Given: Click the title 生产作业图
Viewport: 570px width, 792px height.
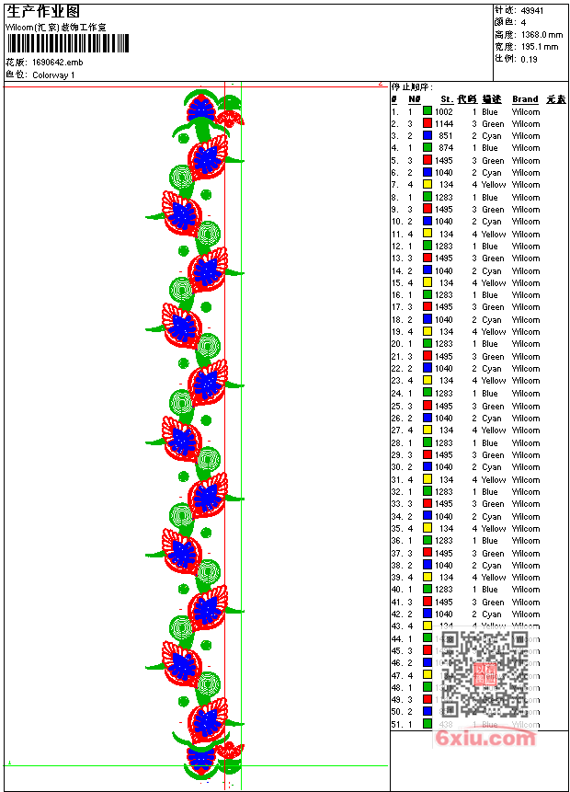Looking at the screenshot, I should (43, 11).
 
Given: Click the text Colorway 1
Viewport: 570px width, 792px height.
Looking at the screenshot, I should (53, 75).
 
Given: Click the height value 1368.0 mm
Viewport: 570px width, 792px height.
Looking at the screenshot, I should (541, 34).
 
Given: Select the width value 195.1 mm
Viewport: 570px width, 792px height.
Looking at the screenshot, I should (539, 46).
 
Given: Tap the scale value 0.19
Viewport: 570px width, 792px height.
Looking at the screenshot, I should (529, 59).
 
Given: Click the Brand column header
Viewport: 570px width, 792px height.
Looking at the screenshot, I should (525, 99).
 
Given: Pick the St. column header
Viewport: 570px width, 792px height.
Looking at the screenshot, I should (446, 99).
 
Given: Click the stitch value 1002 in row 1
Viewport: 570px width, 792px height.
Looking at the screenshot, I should (444, 111).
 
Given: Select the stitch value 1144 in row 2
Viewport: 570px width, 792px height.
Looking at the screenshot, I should (444, 123).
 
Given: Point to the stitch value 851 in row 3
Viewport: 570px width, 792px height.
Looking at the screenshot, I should (446, 135).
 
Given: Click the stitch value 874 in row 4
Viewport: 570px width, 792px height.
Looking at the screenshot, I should (446, 147).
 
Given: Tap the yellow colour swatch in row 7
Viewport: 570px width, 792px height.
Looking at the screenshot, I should (427, 184).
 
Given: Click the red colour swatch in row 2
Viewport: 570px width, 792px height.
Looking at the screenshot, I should (427, 123).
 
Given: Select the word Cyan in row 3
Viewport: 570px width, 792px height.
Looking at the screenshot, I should (492, 135).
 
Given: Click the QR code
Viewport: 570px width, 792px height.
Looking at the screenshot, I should (486, 674).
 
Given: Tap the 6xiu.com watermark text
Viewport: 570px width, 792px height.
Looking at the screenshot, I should (485, 738).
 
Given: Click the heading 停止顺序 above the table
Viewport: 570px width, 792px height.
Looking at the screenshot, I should (411, 87).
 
